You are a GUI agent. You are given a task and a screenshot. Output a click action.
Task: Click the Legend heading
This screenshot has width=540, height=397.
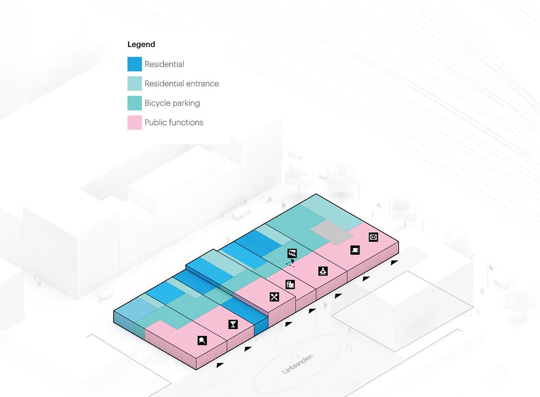[141, 44]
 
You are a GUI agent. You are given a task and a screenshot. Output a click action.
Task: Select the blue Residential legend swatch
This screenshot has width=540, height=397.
[135, 64]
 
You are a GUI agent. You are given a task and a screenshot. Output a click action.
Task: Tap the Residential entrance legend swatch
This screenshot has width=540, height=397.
[135, 83]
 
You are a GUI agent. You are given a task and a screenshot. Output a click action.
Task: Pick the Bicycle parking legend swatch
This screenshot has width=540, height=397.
[135, 103]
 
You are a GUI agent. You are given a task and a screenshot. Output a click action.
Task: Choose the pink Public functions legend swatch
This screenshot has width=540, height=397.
[135, 122]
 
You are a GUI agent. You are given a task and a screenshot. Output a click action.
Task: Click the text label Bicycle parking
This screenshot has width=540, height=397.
[172, 103]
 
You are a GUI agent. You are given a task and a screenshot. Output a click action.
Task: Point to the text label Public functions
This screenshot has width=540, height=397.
[174, 122]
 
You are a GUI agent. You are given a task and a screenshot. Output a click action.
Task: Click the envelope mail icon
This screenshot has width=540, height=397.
[373, 237]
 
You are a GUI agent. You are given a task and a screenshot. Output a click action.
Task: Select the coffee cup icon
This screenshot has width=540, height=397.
[355, 250]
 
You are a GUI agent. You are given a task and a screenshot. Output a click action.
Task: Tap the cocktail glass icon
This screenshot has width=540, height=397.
[233, 324]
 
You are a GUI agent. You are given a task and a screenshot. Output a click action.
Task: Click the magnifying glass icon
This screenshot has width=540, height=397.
[202, 340]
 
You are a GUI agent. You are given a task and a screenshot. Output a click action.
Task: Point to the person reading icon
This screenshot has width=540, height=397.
[323, 271]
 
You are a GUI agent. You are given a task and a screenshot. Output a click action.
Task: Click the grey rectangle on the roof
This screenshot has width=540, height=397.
[332, 231]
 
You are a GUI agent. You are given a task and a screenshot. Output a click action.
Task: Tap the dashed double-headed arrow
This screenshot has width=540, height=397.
[291, 262]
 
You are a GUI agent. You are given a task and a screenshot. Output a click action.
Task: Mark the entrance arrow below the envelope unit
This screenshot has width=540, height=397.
[395, 262]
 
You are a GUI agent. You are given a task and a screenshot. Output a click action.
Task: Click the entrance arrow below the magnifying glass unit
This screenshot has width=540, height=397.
[220, 365]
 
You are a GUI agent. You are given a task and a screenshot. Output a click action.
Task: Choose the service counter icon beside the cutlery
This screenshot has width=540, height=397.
[290, 284]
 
